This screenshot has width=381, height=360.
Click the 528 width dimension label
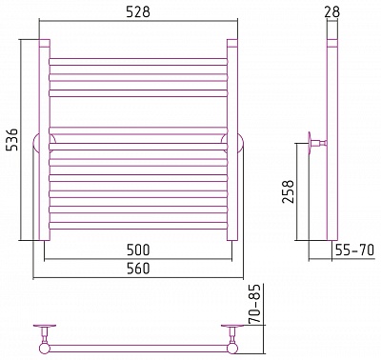click(x=138, y=12)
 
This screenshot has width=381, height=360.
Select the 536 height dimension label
click(x=13, y=140)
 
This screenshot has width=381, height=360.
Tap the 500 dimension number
click(x=138, y=250)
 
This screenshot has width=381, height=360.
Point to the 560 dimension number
click(x=138, y=269)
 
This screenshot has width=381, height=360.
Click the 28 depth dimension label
click(x=332, y=12)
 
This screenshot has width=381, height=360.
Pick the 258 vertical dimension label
click(x=289, y=191)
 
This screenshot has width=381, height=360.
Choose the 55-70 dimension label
click(x=354, y=250)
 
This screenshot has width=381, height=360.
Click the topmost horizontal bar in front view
click(x=138, y=62)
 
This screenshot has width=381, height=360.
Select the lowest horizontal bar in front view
click(x=138, y=226)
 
